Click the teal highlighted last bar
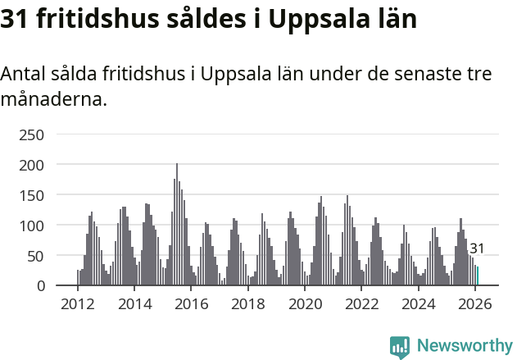478,276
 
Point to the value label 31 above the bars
477,248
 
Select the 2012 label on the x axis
78,304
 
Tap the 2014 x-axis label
135,304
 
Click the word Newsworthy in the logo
464,345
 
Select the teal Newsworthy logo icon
400,347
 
